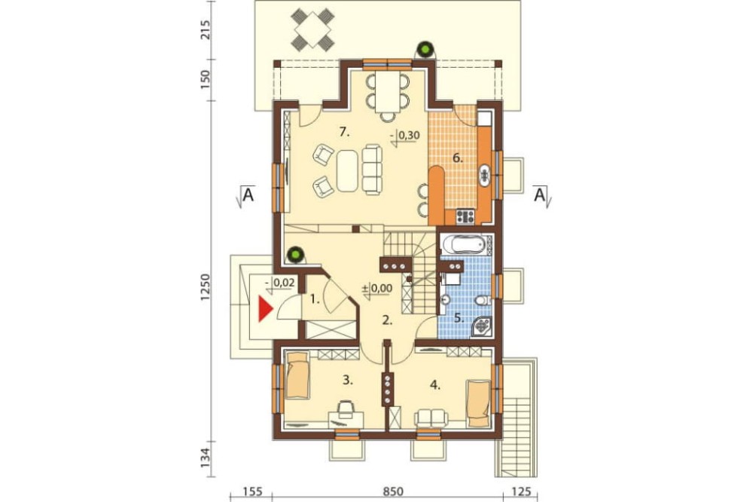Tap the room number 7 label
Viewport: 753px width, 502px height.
click(343, 132)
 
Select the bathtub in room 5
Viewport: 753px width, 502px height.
click(465, 244)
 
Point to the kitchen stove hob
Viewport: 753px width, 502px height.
click(465, 216)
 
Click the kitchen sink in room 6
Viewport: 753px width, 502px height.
click(484, 175)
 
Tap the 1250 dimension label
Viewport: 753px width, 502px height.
click(205, 287)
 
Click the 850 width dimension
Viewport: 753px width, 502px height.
click(393, 491)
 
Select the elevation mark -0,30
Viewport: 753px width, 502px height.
click(406, 136)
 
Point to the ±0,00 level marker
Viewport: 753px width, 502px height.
click(377, 289)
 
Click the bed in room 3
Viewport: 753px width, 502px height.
click(297, 375)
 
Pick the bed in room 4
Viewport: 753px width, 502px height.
click(479, 403)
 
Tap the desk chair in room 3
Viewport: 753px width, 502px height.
click(344, 409)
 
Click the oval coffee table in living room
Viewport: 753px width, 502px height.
click(347, 170)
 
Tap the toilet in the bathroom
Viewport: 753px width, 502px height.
click(483, 301)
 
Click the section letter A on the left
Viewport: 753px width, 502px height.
click(248, 194)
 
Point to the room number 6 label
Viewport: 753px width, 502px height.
click(458, 158)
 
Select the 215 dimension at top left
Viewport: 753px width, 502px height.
click(205, 30)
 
